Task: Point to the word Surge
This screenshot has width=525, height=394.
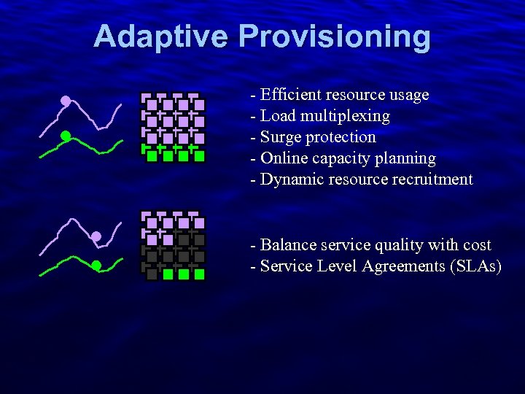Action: [x=281, y=137]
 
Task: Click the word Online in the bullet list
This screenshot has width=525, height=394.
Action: [x=283, y=158]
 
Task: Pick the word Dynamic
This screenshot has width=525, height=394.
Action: [x=289, y=179]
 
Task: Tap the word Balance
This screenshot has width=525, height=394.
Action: [x=286, y=245]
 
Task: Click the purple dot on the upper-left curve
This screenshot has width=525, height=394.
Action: [x=66, y=101]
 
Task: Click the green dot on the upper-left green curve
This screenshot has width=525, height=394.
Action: [x=65, y=136]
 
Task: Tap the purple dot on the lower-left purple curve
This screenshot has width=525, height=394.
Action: [x=96, y=236]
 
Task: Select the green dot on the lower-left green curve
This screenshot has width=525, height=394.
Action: [x=96, y=266]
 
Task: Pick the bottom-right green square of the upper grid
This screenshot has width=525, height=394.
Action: [x=199, y=155]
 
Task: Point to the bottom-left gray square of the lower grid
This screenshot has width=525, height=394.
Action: [x=152, y=274]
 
